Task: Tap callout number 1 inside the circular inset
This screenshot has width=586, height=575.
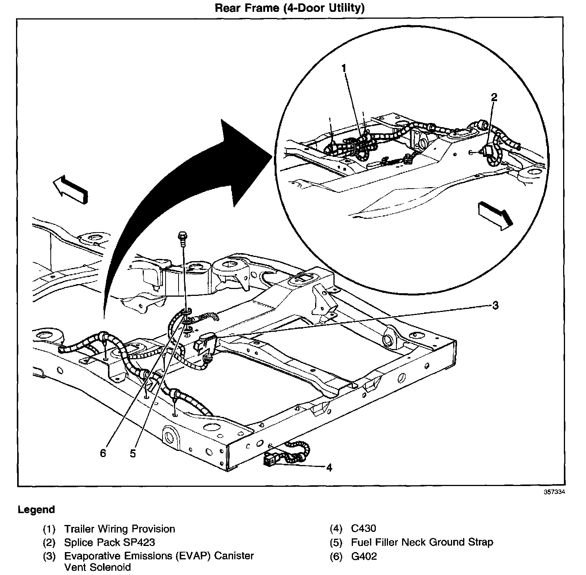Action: tap(344, 68)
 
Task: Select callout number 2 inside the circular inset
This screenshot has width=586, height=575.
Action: tap(494, 97)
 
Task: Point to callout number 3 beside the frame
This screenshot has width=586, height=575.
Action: tap(495, 305)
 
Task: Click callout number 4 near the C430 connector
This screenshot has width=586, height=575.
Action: tap(329, 467)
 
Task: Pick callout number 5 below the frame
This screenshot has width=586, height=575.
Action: tap(133, 454)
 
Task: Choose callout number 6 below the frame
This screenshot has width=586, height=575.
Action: tap(103, 454)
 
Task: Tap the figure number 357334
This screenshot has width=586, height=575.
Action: tap(554, 492)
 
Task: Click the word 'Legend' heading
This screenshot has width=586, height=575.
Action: tap(36, 510)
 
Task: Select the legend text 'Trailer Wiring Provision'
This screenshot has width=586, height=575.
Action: tap(119, 529)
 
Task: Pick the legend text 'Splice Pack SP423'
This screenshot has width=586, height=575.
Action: tap(109, 542)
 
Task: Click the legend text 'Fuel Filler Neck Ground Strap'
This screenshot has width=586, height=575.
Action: tap(422, 542)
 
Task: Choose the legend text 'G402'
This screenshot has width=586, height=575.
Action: tap(364, 556)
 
